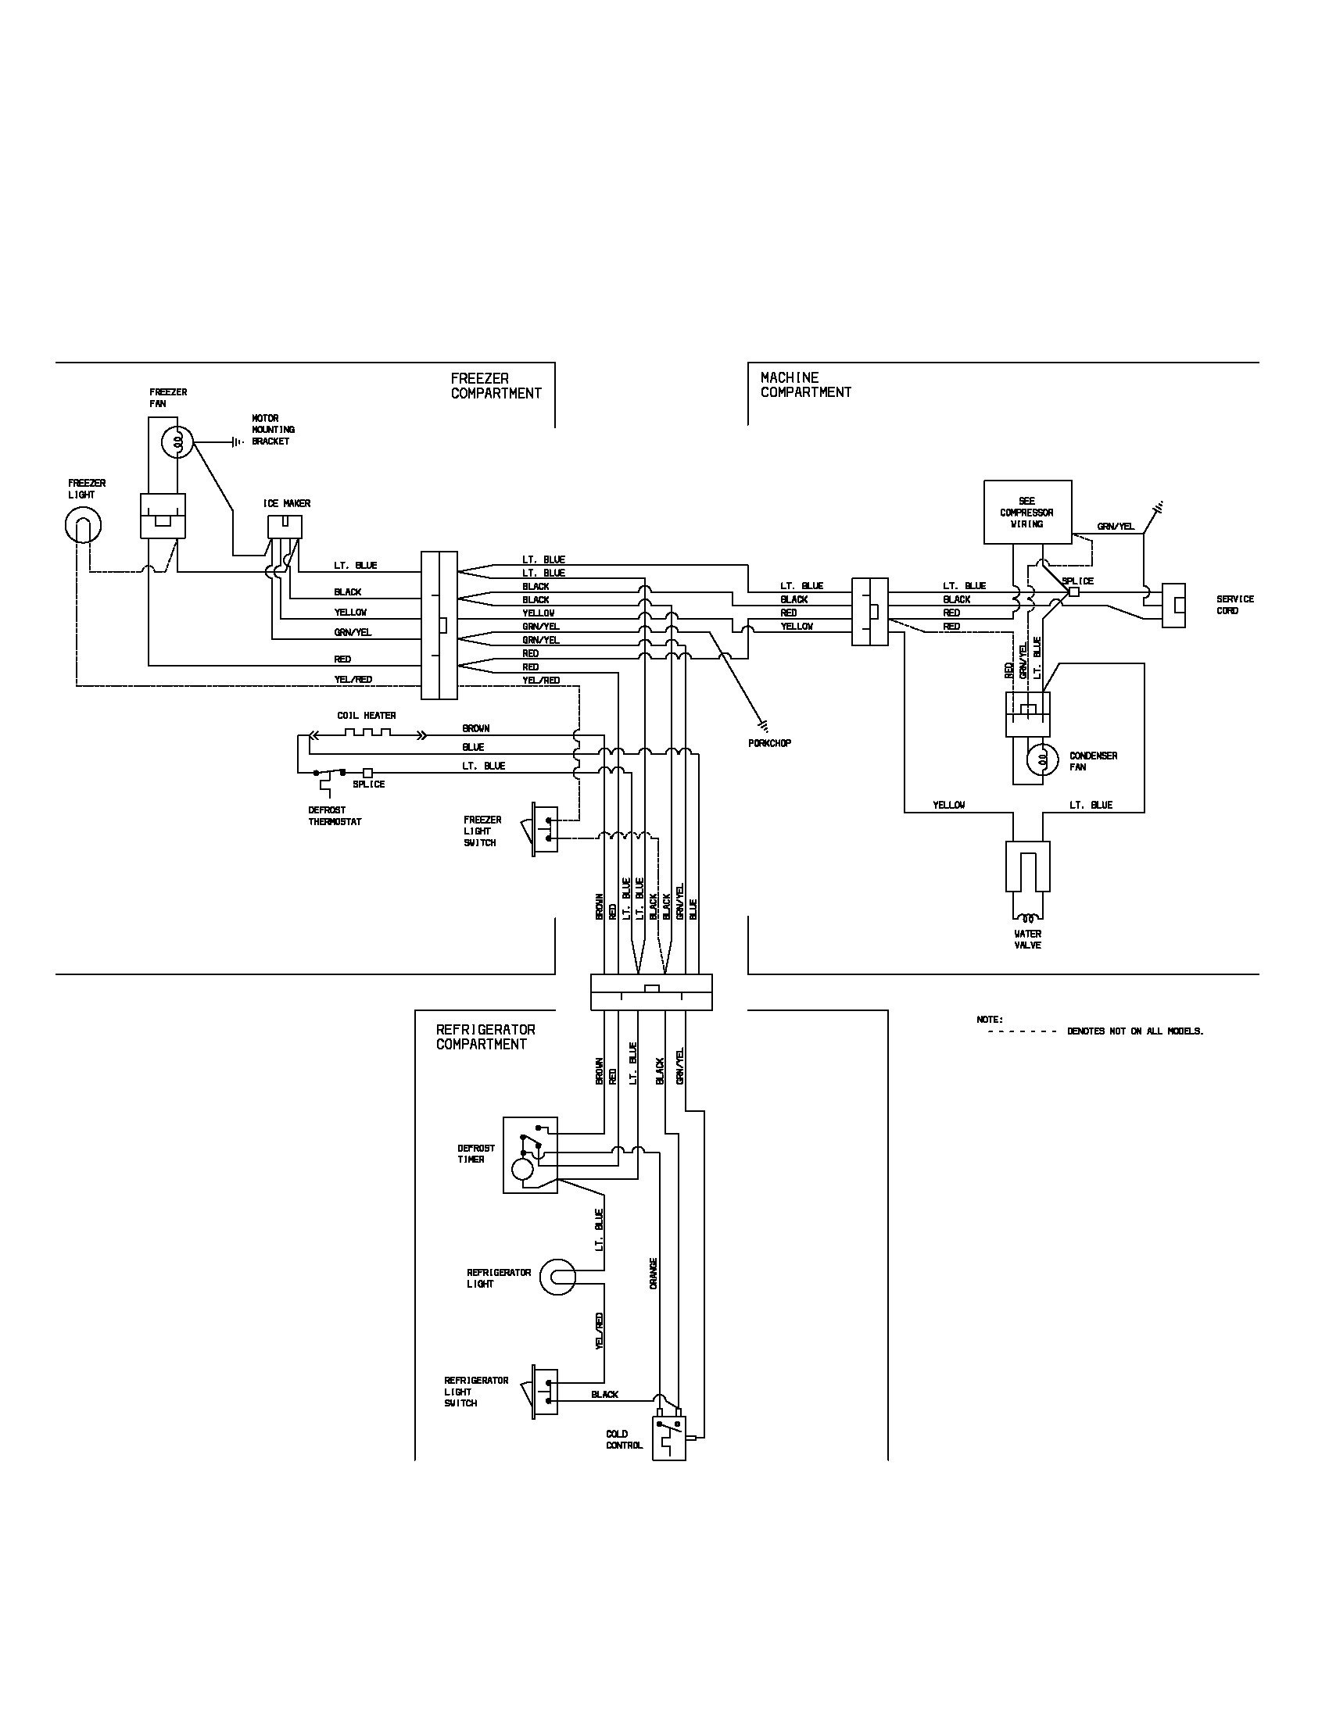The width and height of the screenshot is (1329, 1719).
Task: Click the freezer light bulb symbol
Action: pos(83,525)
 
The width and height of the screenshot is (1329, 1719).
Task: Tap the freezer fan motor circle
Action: pos(178,442)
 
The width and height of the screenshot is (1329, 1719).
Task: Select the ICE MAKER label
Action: pos(287,503)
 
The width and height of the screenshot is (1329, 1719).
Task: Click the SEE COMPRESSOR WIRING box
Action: pos(1027,512)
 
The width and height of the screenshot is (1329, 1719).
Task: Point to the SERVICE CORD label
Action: pos(1234,605)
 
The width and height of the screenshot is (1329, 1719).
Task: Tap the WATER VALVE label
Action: pos(1027,939)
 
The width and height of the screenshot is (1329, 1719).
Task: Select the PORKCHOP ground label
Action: pos(769,742)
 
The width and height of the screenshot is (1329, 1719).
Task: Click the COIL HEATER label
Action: pos(366,716)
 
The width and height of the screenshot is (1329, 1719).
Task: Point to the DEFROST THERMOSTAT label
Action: pos(335,816)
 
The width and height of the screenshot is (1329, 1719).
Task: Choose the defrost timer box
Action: pos(530,1154)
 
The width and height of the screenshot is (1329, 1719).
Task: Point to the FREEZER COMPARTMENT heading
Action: pos(496,386)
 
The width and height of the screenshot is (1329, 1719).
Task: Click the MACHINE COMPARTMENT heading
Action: pos(805,385)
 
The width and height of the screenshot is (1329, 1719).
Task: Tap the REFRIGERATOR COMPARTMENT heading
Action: pos(485,1037)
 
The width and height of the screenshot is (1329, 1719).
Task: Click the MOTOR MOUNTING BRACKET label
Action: pos(272,430)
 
